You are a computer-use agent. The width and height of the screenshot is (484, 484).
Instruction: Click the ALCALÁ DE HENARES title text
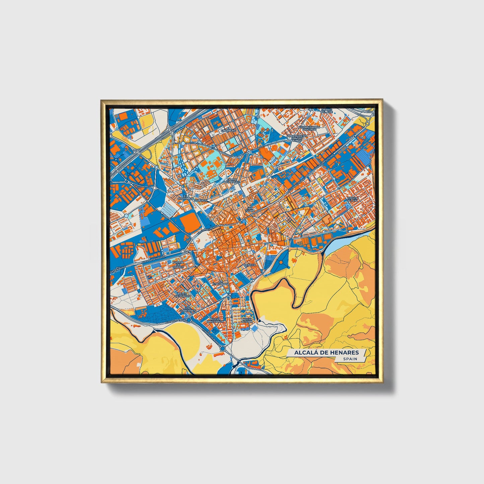(x=326, y=352)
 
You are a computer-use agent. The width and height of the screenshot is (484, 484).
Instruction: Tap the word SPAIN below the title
(x=350, y=359)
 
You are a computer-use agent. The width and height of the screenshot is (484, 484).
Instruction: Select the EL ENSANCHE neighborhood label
(x=231, y=129)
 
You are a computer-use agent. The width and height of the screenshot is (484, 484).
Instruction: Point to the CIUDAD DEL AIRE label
(x=326, y=111)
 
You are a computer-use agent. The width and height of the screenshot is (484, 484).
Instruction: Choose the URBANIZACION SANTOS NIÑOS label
(x=297, y=138)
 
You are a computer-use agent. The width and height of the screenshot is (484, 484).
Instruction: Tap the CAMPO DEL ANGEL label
(x=232, y=181)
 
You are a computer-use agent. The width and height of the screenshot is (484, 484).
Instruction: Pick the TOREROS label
(x=202, y=200)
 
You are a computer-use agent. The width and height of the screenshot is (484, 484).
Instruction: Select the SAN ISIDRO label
(x=250, y=209)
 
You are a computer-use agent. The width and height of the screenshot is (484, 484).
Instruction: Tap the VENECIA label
(x=250, y=265)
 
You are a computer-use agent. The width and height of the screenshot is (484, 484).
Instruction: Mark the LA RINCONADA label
(x=220, y=283)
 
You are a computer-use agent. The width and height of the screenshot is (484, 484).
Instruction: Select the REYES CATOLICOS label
(x=184, y=295)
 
